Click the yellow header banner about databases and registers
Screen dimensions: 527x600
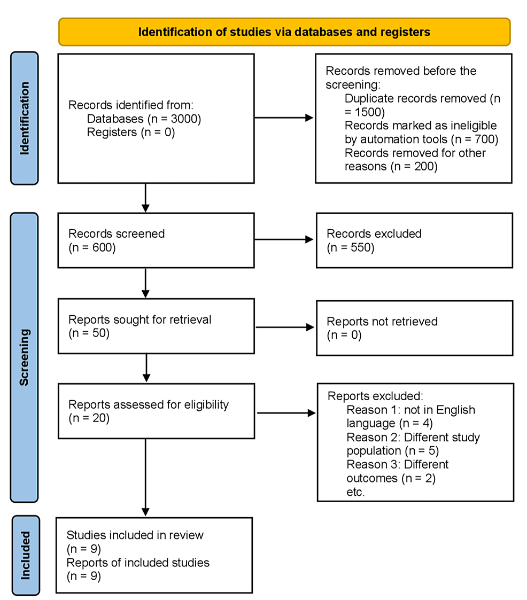(x=284, y=32)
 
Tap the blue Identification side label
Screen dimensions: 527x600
(x=25, y=118)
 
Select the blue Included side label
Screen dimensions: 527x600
(x=26, y=555)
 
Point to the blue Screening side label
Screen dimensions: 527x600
(x=24, y=357)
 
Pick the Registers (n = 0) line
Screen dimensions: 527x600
(x=131, y=133)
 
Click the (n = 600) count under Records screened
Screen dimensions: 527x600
(x=92, y=247)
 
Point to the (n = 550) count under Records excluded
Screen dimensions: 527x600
(x=351, y=247)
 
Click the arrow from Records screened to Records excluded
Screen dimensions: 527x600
(x=284, y=239)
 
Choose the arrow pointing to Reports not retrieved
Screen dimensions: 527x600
(x=285, y=327)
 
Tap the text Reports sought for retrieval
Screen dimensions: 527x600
(x=139, y=320)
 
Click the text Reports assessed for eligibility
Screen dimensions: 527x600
(x=149, y=404)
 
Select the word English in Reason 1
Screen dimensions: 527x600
(x=455, y=410)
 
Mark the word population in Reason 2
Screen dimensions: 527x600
(x=374, y=451)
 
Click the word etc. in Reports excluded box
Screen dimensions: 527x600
(x=355, y=492)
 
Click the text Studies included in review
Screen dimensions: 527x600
(x=135, y=535)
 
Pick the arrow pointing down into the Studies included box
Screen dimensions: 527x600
(x=145, y=477)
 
